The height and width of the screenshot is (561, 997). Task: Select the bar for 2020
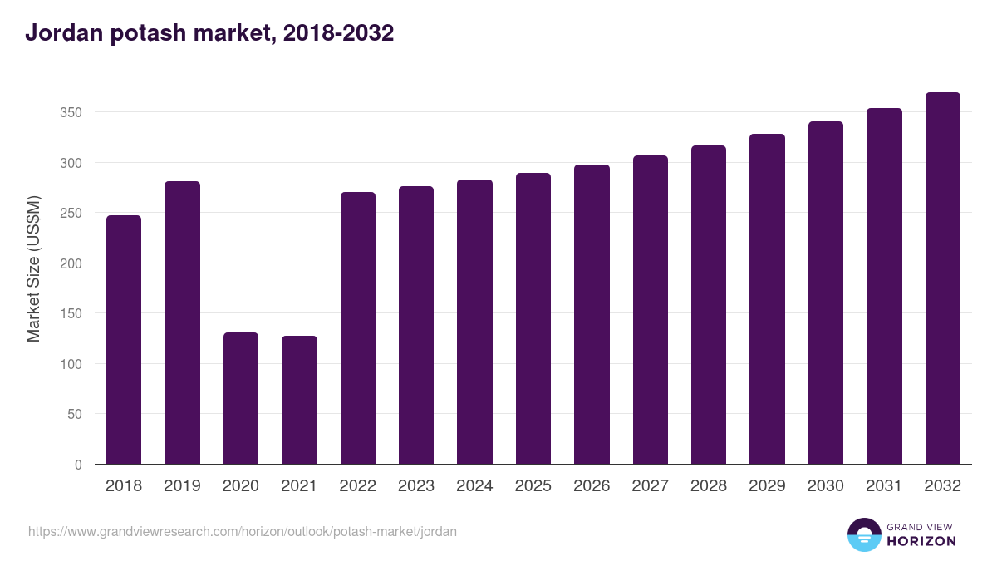(x=241, y=398)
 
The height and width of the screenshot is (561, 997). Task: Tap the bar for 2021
(x=299, y=400)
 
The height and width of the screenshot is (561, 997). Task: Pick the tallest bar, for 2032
(x=942, y=278)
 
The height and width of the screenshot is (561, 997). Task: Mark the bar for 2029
(x=767, y=299)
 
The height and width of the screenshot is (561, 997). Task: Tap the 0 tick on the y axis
(x=78, y=465)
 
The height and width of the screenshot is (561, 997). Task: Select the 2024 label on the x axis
(x=474, y=486)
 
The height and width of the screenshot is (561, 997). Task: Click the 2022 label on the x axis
(x=357, y=486)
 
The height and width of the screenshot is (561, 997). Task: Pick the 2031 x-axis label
(x=884, y=486)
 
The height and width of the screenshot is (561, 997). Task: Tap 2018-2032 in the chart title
(x=338, y=33)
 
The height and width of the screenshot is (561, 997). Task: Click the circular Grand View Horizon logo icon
(x=864, y=534)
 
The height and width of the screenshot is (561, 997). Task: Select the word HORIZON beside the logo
(x=921, y=541)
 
